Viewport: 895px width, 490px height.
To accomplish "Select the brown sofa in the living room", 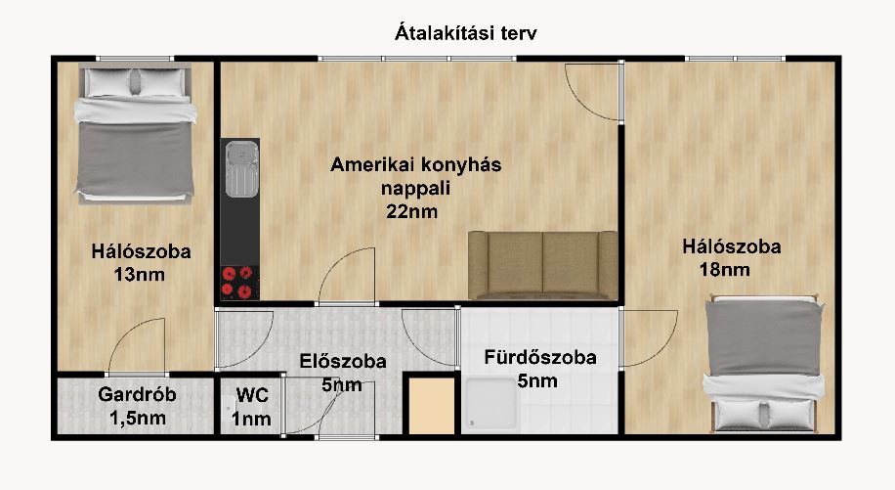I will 542,264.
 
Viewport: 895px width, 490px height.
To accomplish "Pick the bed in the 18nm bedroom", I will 763,365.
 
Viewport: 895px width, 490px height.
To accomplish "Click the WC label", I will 252,396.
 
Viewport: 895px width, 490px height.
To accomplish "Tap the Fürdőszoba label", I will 540,357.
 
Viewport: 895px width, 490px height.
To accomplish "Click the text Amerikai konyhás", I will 415,165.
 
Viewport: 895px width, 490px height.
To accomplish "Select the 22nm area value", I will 412,211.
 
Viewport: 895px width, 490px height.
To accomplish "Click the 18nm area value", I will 724,270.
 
